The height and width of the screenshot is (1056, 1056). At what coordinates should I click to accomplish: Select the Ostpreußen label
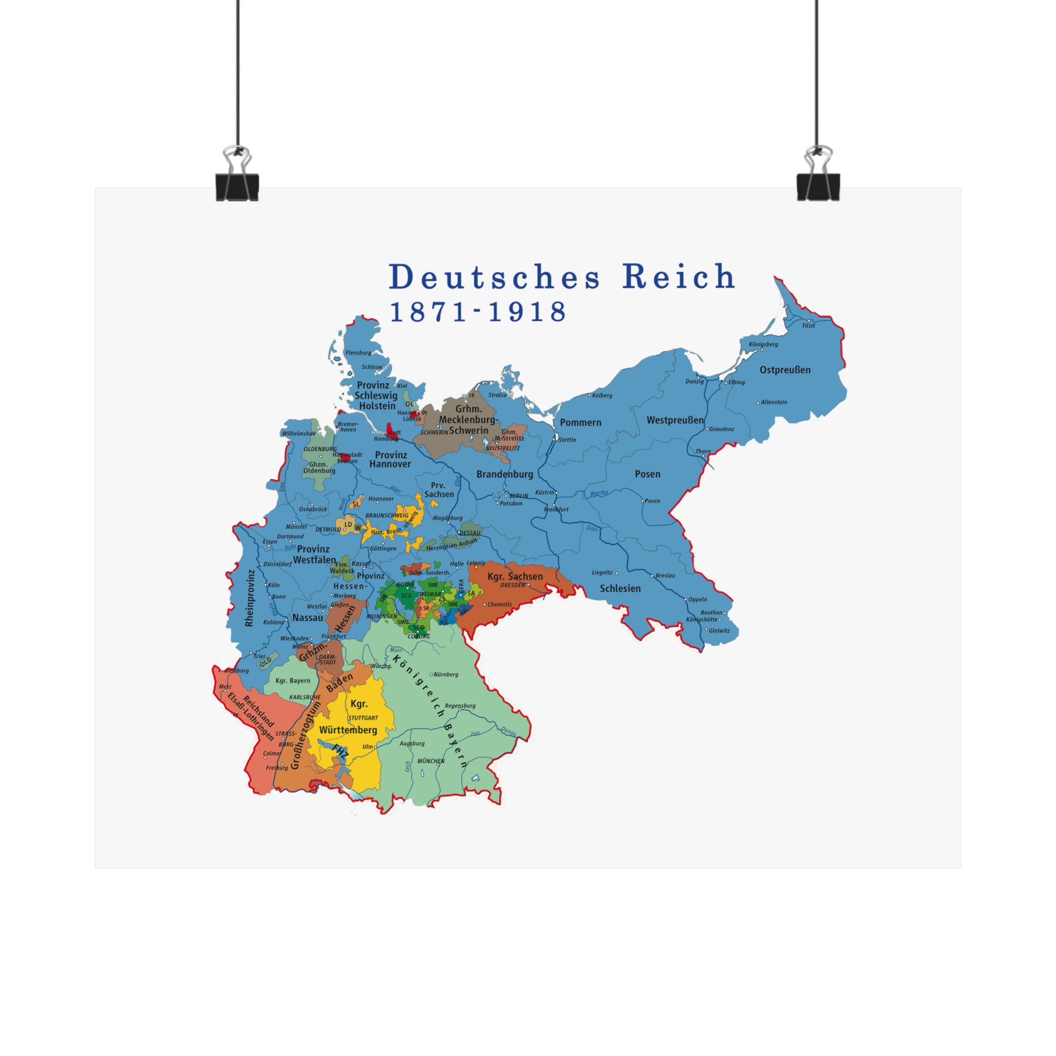click(785, 370)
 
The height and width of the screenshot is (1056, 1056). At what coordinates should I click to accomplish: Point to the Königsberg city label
click(764, 344)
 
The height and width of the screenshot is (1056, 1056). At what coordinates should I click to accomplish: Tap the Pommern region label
click(581, 422)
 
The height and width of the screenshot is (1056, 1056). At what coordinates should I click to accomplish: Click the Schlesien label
click(620, 589)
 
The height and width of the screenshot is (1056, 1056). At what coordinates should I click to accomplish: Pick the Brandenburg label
click(504, 474)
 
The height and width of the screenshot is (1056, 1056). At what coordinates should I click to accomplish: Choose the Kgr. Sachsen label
click(515, 576)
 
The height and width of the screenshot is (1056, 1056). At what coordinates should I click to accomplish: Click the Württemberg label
click(348, 730)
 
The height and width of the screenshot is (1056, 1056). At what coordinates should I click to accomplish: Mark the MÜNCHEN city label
click(431, 761)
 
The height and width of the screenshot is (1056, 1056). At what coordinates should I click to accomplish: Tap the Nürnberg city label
click(445, 674)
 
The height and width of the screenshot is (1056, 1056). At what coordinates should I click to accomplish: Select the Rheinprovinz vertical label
click(250, 598)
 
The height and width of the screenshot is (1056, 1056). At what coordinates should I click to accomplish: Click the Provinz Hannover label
click(390, 459)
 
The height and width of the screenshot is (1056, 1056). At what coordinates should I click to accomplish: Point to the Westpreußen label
click(675, 420)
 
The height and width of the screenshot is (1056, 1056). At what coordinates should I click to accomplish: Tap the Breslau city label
click(665, 575)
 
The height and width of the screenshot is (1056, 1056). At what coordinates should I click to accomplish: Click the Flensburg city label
click(358, 353)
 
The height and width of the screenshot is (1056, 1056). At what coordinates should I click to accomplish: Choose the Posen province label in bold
click(647, 474)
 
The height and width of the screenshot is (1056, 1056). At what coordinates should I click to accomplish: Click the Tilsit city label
click(808, 326)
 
